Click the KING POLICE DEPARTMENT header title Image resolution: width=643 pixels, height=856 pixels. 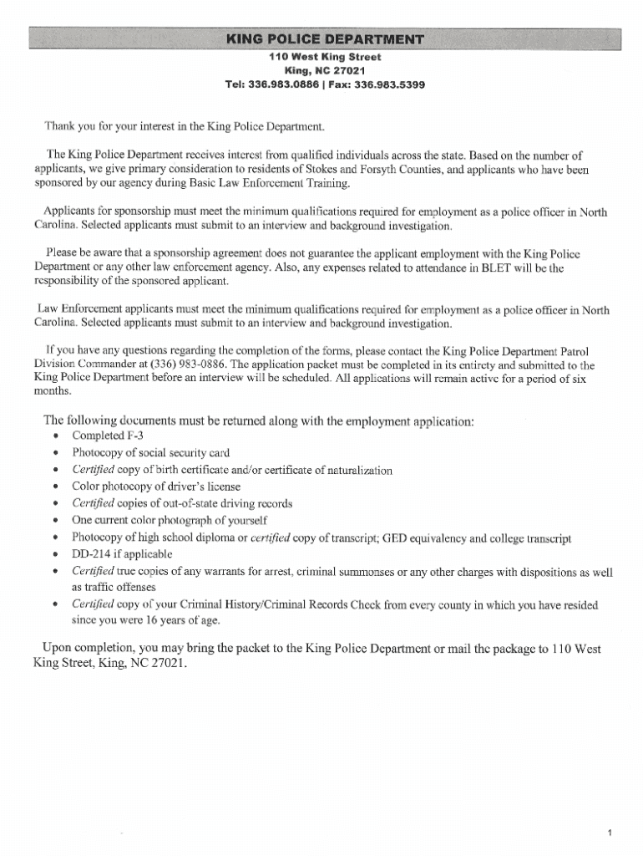point(325,40)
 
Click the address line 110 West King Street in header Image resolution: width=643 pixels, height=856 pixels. point(325,57)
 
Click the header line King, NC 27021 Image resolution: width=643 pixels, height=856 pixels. point(325,70)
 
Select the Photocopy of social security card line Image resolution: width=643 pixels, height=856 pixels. point(150,452)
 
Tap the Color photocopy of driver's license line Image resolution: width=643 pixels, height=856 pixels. point(156,486)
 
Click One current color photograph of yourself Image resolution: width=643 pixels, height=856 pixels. point(170,520)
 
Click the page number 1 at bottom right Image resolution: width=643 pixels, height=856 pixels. point(611,808)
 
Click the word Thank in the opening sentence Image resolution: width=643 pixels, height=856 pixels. point(58,126)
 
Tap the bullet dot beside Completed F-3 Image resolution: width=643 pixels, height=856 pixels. point(55,436)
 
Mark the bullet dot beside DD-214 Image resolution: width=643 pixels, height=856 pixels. point(55,554)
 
